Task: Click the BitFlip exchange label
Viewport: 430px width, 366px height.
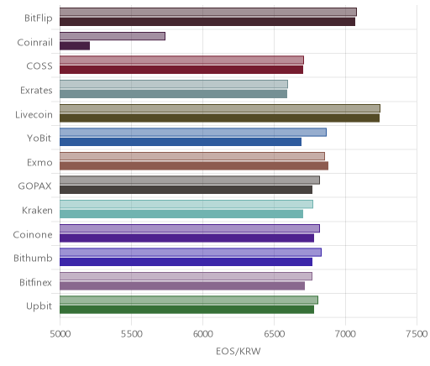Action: coord(39,18)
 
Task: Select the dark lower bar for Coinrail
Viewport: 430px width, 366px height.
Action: coord(75,45)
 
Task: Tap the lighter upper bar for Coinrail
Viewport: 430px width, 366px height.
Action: coord(113,36)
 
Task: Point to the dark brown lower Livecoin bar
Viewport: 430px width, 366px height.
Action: coord(219,118)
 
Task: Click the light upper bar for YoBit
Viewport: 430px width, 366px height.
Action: coord(193,132)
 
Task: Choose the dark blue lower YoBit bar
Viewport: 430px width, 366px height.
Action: coord(181,142)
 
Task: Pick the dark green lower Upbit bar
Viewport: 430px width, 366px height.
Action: coord(186,310)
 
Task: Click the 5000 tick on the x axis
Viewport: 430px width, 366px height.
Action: coord(60,333)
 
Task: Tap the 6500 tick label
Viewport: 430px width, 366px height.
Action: coord(275,333)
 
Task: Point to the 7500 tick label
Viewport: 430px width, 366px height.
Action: coord(417,333)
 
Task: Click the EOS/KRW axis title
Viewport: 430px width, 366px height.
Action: coord(239,351)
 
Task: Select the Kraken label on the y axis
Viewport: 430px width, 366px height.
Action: coord(37,210)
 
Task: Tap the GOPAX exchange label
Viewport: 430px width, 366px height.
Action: coord(34,186)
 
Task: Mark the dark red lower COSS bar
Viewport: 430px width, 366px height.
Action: coord(181,70)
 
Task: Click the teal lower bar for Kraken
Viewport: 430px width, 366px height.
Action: coord(181,214)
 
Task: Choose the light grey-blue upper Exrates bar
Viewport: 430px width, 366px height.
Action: coord(174,84)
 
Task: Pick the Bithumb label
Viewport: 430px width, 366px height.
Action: coord(33,258)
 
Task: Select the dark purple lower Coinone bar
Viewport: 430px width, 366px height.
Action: coord(186,238)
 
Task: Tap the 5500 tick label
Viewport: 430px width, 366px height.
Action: coord(132,333)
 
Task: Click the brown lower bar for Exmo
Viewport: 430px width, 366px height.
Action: coord(194,165)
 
